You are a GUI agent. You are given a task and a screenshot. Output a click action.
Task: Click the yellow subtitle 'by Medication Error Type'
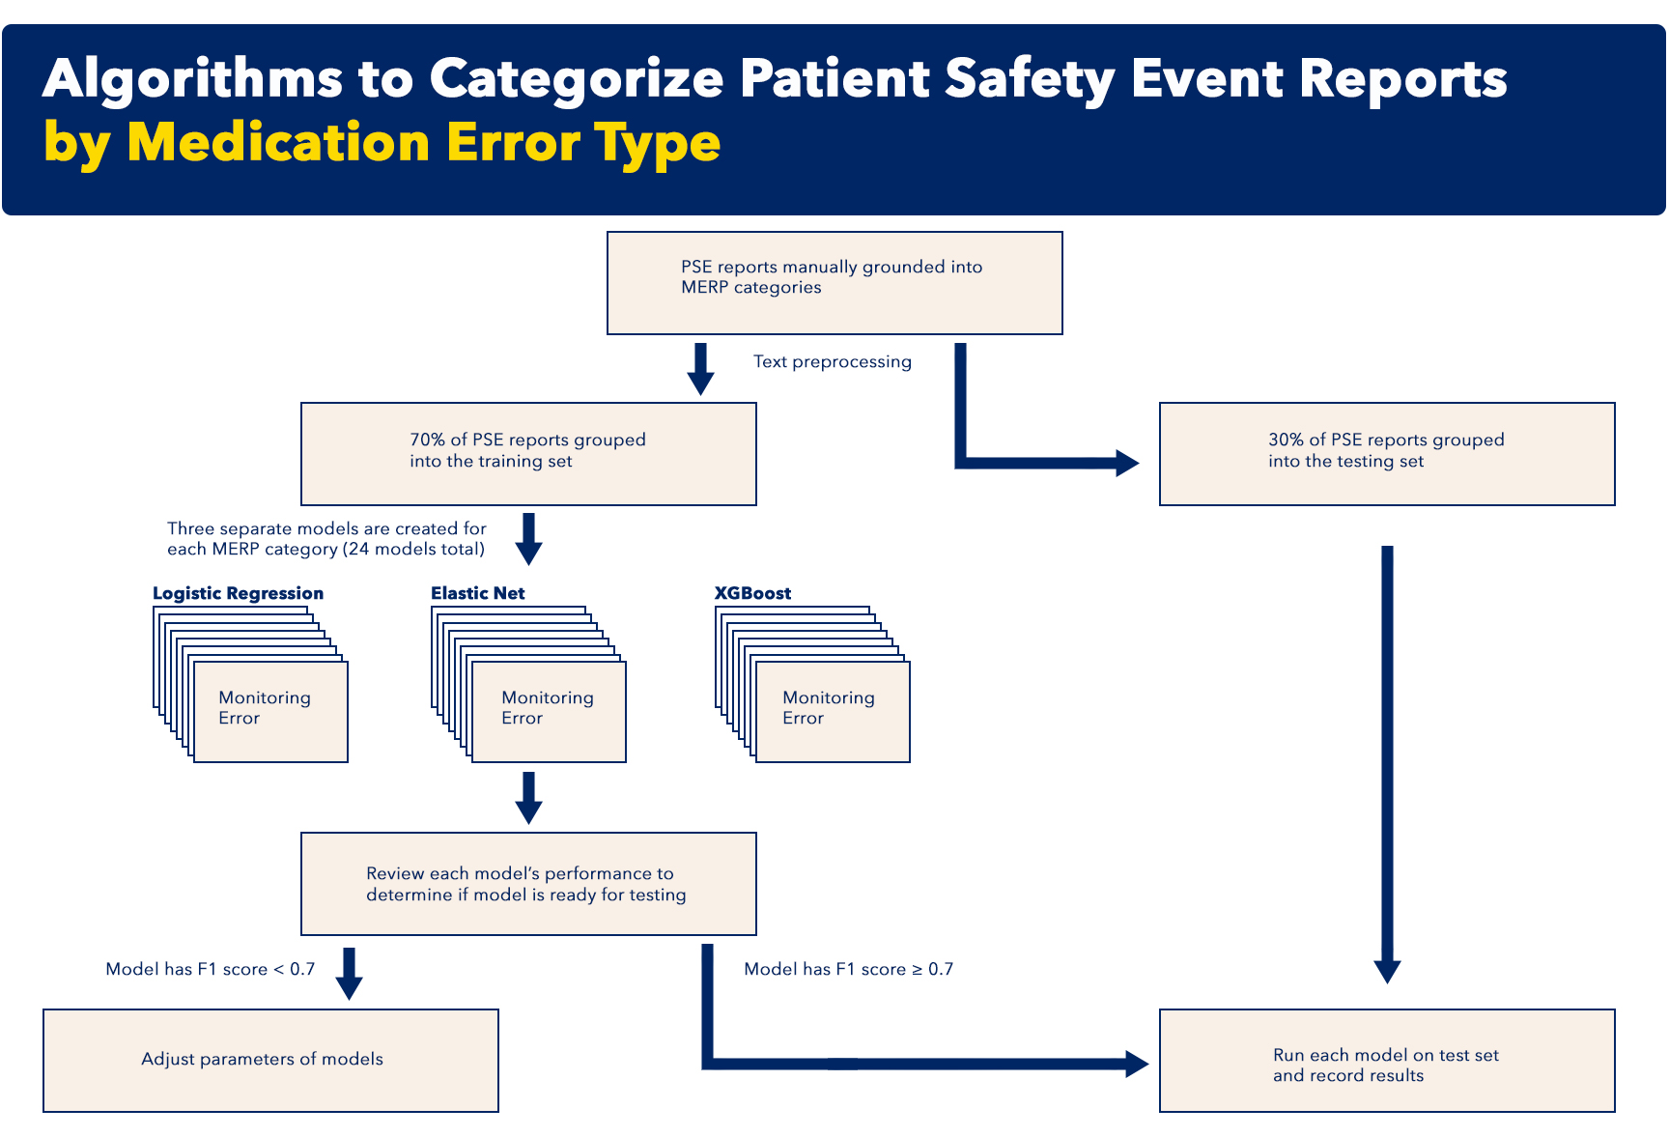pyautogui.click(x=382, y=143)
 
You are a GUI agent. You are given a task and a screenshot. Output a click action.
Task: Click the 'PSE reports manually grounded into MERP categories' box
pyautogui.click(x=834, y=283)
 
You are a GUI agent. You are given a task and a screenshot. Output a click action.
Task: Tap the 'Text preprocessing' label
pyautogui.click(x=833, y=361)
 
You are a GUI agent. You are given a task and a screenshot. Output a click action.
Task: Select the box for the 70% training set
pyautogui.click(x=528, y=454)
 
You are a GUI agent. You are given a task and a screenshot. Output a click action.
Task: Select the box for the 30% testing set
pyautogui.click(x=1387, y=454)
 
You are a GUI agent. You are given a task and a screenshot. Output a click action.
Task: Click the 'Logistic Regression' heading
pyautogui.click(x=238, y=593)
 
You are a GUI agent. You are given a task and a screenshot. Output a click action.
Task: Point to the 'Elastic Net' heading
pyautogui.click(x=478, y=593)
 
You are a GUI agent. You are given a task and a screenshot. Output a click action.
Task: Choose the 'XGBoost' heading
pyautogui.click(x=752, y=593)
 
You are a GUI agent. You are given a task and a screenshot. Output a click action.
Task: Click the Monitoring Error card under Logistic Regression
pyautogui.click(x=270, y=712)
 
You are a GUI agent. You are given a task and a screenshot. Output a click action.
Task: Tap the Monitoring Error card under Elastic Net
pyautogui.click(x=549, y=712)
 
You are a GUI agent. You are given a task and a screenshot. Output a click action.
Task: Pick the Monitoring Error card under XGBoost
pyautogui.click(x=833, y=712)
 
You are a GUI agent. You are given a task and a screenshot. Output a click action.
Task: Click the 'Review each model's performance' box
pyautogui.click(x=528, y=884)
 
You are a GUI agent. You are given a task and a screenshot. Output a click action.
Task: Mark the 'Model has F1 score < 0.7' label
pyautogui.click(x=211, y=969)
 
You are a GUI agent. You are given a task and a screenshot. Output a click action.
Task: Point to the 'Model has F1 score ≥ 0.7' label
pyautogui.click(x=849, y=969)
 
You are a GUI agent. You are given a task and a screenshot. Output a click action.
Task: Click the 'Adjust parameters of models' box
pyautogui.click(x=270, y=1061)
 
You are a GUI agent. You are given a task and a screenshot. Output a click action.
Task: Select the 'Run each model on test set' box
pyautogui.click(x=1387, y=1061)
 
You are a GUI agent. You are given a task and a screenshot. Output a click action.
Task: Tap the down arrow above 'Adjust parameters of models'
pyautogui.click(x=349, y=974)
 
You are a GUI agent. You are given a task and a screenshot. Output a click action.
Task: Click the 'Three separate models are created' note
pyautogui.click(x=326, y=539)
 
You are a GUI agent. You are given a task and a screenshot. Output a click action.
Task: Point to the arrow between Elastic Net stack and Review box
pyautogui.click(x=528, y=798)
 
